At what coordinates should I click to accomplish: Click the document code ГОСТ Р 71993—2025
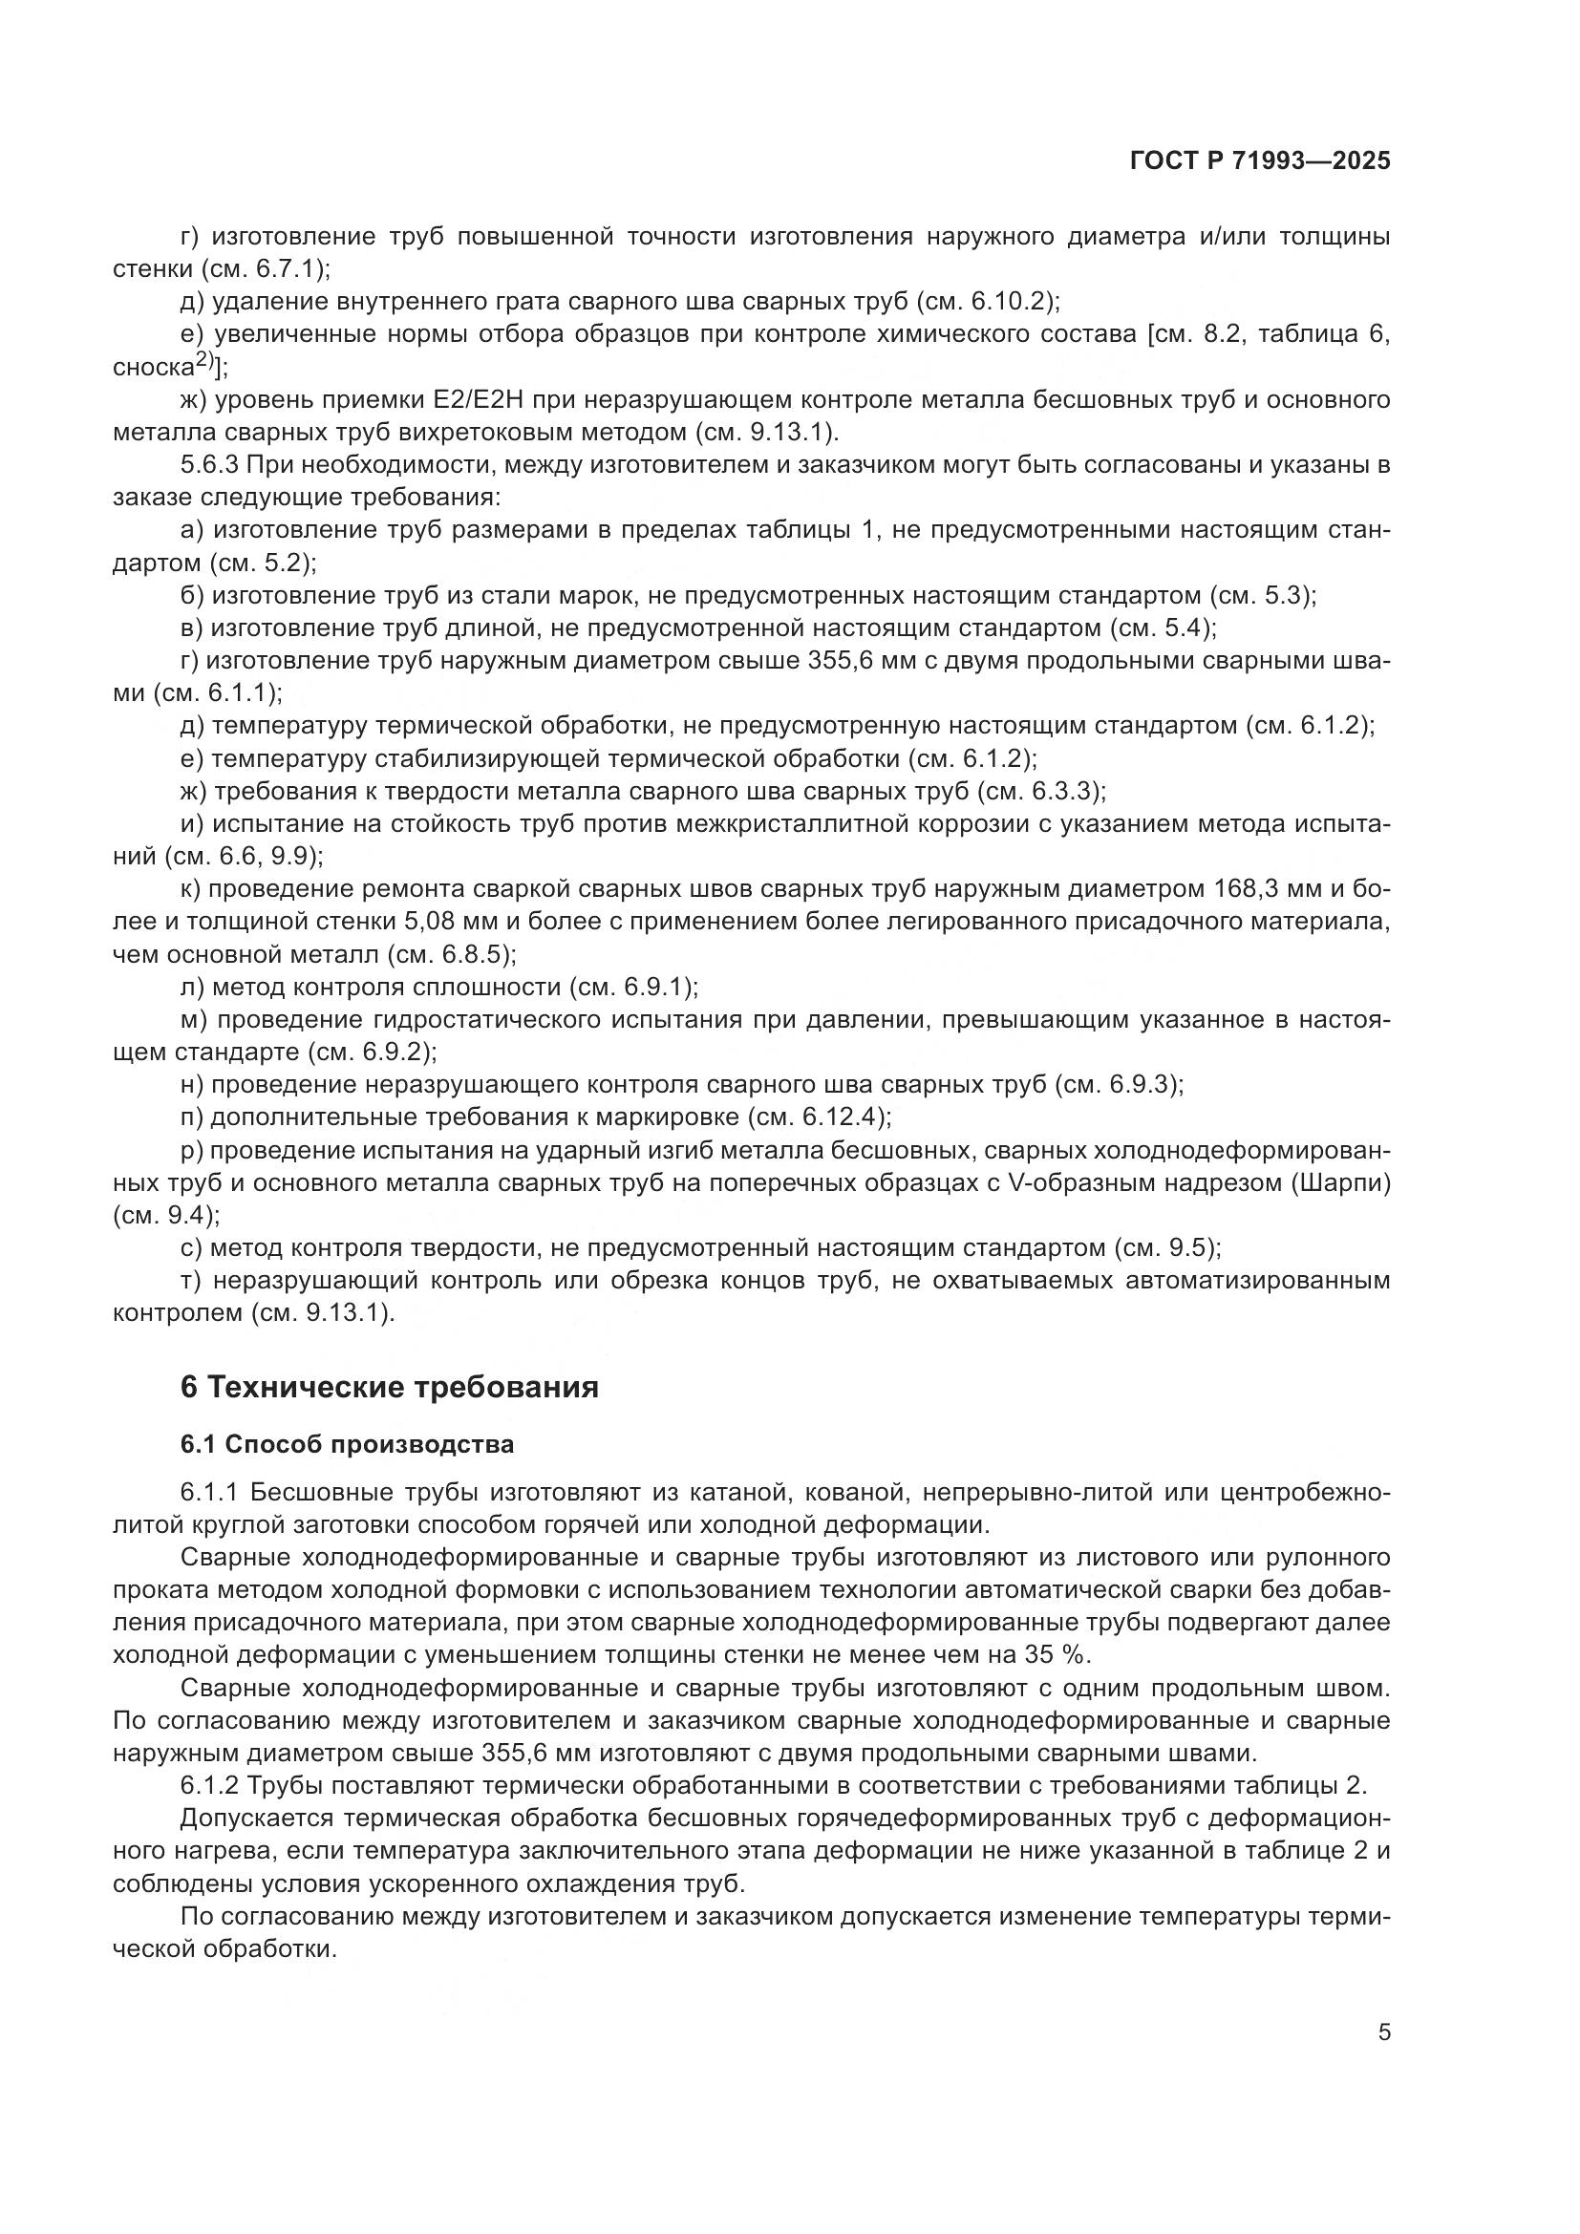pos(1260,161)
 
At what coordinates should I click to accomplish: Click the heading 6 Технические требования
pos(389,1388)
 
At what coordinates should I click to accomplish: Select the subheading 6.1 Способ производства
pos(348,1445)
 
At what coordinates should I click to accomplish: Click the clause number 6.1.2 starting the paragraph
pos(210,1785)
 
